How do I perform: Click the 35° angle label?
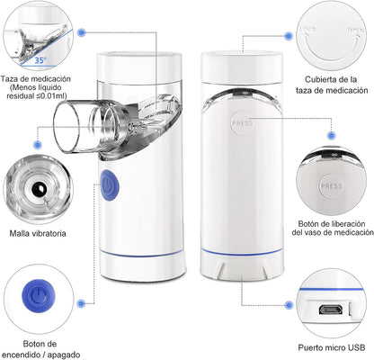pos(40,60)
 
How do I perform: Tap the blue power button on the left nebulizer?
pos(110,185)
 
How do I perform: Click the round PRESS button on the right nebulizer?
pos(242,123)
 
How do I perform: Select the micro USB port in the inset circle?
pos(331,310)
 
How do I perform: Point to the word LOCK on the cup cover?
pos(307,29)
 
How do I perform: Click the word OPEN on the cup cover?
pos(356,31)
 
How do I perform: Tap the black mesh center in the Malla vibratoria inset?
pos(39,189)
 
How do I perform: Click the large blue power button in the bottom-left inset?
pos(39,295)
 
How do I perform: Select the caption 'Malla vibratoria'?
pos(38,233)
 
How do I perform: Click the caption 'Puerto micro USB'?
pos(332,347)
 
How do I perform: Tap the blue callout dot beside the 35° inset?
pos(81,32)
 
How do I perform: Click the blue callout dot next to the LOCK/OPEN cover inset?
pos(289,36)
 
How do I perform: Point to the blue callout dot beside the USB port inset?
pos(289,305)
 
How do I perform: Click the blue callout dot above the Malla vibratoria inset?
pos(38,145)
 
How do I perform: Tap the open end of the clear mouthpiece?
pos(67,128)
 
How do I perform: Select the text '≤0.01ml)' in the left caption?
pos(51,96)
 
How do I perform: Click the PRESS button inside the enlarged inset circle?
pos(332,186)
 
